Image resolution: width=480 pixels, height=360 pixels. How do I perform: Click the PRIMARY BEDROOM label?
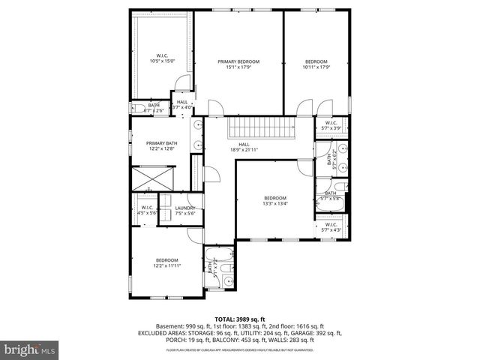coord(238,61)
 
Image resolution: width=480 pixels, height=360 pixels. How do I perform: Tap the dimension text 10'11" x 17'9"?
coord(317,67)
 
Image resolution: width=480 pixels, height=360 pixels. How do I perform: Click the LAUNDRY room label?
coord(185,211)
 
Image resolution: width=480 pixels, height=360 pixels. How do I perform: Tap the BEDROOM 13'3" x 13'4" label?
coord(274,200)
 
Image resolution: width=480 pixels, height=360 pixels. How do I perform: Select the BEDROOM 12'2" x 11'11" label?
coord(166,262)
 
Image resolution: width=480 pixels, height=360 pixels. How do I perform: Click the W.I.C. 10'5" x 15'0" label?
coord(162,58)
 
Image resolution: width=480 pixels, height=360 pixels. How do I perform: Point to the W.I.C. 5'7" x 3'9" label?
coord(331,126)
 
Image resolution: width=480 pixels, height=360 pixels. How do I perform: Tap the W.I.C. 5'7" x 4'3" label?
coord(331,226)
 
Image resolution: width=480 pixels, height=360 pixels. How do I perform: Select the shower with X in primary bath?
coord(152,181)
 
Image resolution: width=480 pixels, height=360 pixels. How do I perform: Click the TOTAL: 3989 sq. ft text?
coord(239,319)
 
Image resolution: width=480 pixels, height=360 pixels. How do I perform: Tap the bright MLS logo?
coord(29,349)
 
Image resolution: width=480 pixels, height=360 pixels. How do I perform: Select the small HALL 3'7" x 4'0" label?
coord(182,105)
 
